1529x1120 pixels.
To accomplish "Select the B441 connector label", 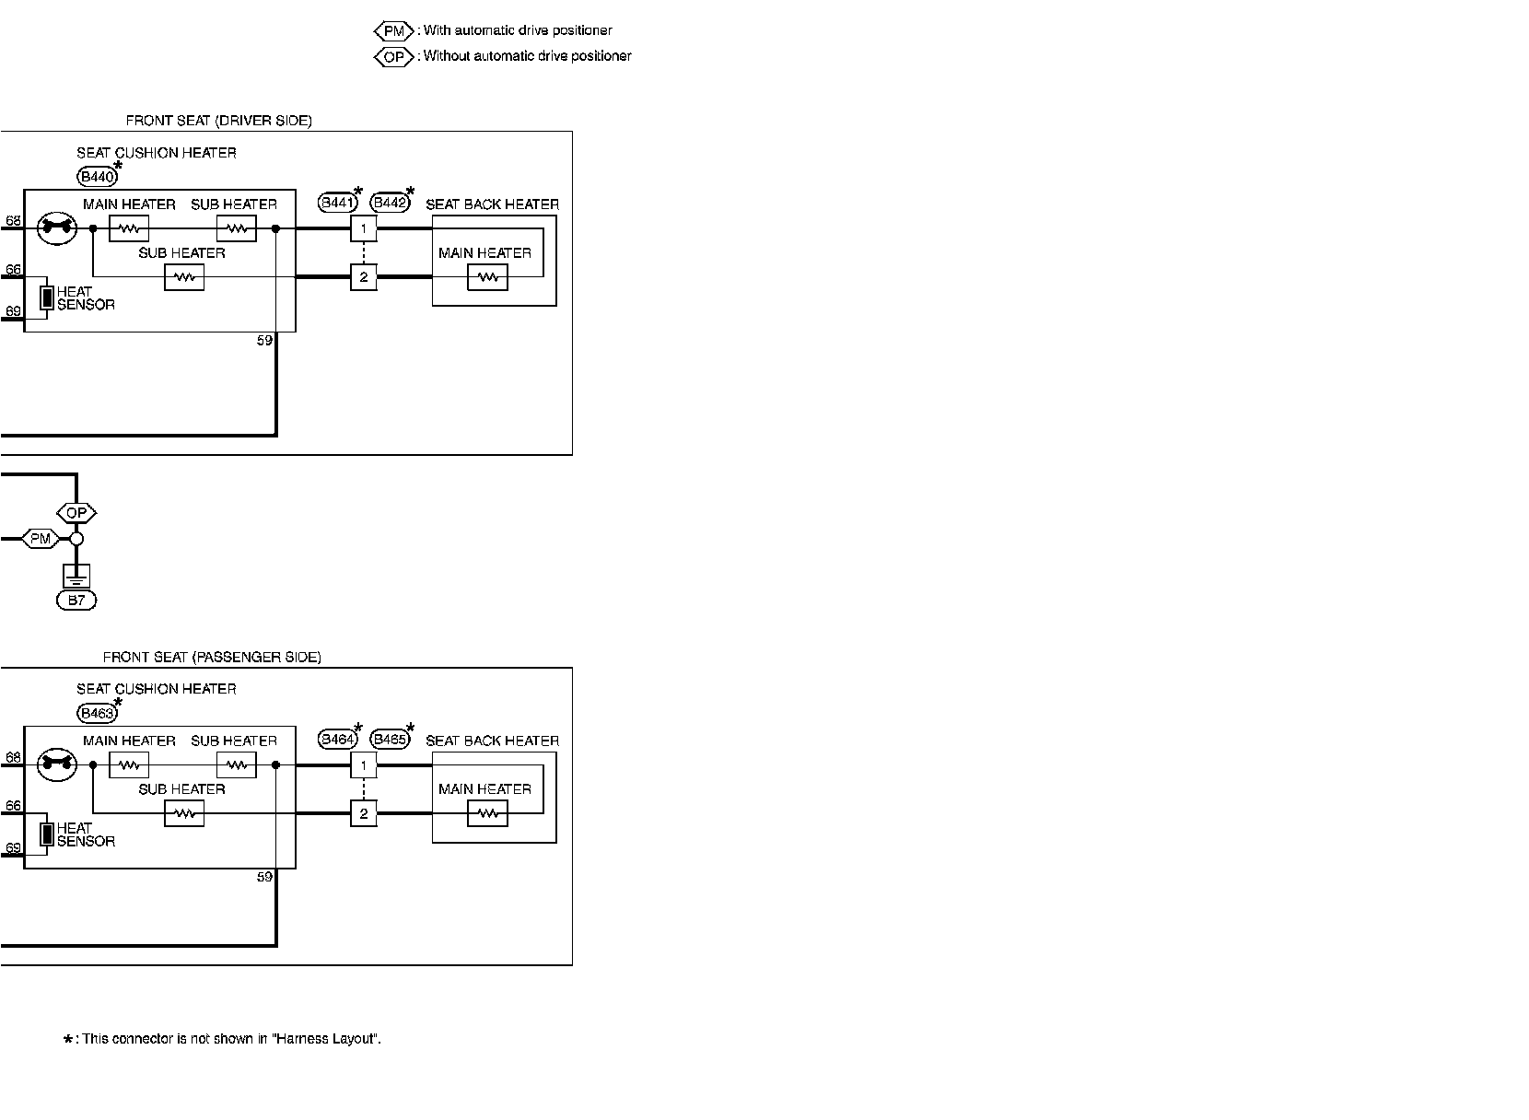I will coord(336,203).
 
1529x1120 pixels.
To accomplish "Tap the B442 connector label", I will coord(389,203).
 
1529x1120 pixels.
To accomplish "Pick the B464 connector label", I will coord(336,739).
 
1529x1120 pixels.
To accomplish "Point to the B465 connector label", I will coord(389,739).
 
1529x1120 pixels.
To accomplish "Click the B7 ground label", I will coord(76,601).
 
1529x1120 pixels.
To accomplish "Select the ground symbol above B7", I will coord(76,577).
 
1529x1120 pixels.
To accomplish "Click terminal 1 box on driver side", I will coord(364,227).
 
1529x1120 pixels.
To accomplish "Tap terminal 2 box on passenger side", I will coord(364,813).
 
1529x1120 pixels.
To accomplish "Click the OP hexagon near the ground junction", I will coord(76,513).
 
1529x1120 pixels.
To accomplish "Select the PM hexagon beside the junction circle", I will coord(41,539).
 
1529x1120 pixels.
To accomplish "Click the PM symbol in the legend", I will coord(394,31).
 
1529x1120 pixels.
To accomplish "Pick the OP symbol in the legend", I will coord(394,57).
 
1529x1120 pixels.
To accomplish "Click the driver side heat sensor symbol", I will coord(46,297).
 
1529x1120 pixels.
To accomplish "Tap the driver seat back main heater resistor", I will coord(487,276).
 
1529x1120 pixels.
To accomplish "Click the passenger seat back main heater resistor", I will coord(487,813).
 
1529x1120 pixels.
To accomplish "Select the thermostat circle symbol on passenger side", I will coord(56,764).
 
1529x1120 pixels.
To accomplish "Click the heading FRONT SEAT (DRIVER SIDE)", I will coord(218,121).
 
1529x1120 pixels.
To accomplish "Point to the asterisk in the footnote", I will coord(68,1040).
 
